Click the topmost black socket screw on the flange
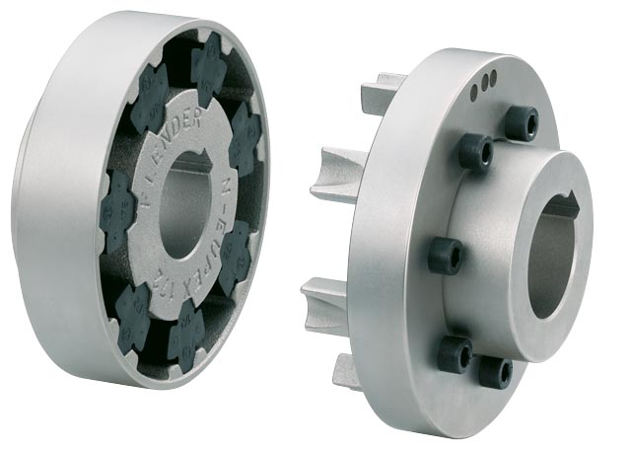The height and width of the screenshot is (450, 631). [521, 124]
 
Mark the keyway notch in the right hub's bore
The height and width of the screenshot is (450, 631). [564, 208]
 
